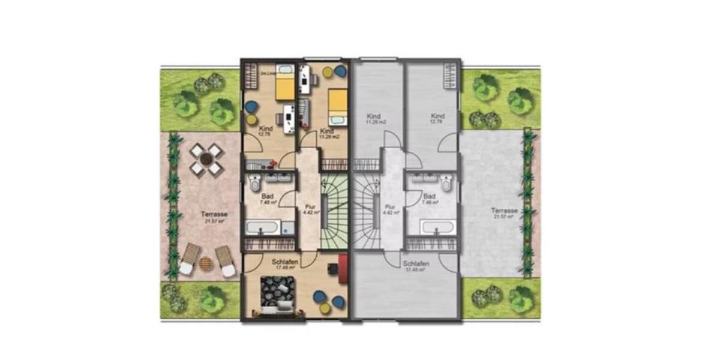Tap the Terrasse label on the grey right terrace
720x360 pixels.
coord(503,213)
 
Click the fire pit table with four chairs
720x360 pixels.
coord(206,160)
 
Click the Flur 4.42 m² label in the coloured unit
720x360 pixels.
coord(310,209)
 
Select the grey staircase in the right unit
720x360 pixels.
coord(366,213)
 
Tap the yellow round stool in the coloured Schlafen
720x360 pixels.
coord(325,308)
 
